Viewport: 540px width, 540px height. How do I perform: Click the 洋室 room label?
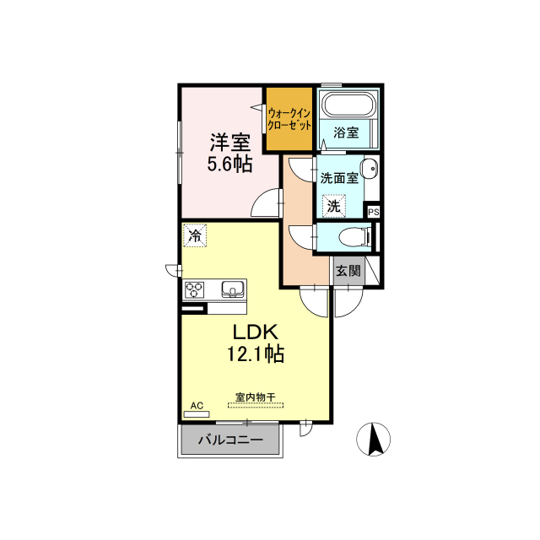230,143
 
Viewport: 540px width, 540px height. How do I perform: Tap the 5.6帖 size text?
229,164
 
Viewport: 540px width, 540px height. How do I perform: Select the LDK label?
255,332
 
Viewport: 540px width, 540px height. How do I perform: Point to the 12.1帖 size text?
255,354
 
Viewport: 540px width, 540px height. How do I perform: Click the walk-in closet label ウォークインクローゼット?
289,119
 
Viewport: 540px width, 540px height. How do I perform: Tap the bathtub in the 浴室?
348,104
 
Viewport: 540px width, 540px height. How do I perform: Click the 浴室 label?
346,132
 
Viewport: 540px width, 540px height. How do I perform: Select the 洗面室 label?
339,178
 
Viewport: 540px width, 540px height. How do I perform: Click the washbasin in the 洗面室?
369,169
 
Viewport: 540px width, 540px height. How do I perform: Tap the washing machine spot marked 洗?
334,206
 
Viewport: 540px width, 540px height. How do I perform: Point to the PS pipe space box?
374,212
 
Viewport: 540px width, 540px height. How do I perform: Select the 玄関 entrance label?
348,271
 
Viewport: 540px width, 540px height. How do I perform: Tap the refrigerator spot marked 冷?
195,235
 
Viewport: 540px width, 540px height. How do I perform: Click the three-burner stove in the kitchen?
195,289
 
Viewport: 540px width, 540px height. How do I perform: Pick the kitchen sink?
233,289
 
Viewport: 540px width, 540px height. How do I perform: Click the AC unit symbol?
197,414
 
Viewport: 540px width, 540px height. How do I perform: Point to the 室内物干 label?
255,397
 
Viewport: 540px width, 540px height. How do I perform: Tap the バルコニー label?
230,440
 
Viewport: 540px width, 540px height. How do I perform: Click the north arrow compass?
373,440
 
